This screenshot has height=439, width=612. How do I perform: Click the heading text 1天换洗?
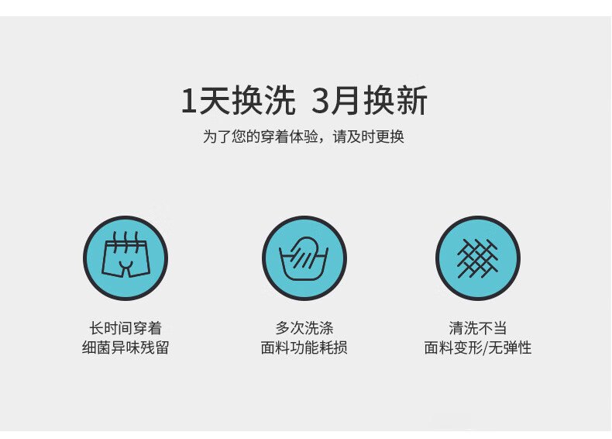(239, 102)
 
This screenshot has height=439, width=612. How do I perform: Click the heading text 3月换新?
(370, 102)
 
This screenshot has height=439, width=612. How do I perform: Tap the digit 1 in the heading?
(188, 102)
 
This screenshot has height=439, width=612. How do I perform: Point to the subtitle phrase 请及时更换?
(369, 137)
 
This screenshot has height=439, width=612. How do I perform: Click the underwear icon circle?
(125, 258)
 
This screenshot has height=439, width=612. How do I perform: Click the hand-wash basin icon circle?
(304, 258)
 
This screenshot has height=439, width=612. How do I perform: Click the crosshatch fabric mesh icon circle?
(477, 258)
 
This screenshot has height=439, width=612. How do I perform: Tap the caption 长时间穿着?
(125, 328)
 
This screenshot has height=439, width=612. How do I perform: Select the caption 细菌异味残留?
(125, 347)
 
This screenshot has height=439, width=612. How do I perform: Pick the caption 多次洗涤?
(304, 328)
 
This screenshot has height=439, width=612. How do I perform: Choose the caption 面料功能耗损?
(304, 347)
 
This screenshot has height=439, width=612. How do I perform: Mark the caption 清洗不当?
(478, 328)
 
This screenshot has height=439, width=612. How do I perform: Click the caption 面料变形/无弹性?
(478, 347)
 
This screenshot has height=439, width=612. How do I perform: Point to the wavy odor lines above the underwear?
(126, 237)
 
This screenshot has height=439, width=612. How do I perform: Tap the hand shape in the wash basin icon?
(307, 250)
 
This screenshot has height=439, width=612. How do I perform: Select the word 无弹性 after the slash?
(511, 347)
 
